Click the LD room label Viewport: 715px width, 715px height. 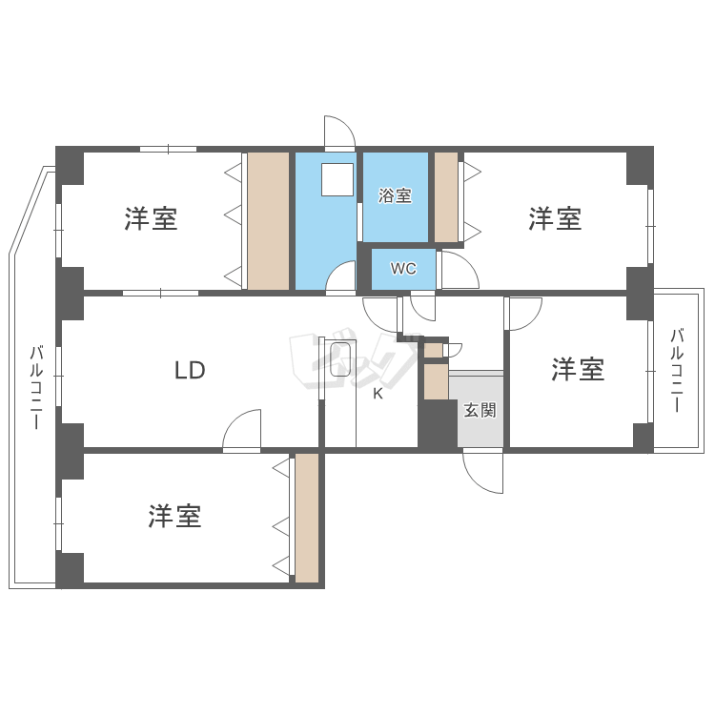click(x=190, y=371)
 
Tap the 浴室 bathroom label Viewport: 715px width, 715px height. click(x=395, y=196)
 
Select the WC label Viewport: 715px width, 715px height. click(x=403, y=269)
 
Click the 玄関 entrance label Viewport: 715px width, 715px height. click(x=480, y=412)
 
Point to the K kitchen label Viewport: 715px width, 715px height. click(x=378, y=394)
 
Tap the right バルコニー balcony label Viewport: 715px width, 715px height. click(x=677, y=370)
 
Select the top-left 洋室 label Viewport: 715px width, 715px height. click(x=151, y=219)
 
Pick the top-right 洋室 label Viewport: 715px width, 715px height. click(x=555, y=219)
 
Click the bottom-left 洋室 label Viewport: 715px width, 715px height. click(x=174, y=517)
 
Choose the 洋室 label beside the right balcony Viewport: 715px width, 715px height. click(x=578, y=370)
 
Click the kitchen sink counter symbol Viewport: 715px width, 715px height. click(x=339, y=360)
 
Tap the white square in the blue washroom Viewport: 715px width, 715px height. click(x=336, y=179)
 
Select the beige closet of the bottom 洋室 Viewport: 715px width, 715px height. click(x=306, y=517)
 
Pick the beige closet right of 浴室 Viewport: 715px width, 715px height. click(x=446, y=196)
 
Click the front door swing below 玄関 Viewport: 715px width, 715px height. click(x=482, y=471)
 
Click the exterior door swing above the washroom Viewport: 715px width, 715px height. click(x=338, y=133)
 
